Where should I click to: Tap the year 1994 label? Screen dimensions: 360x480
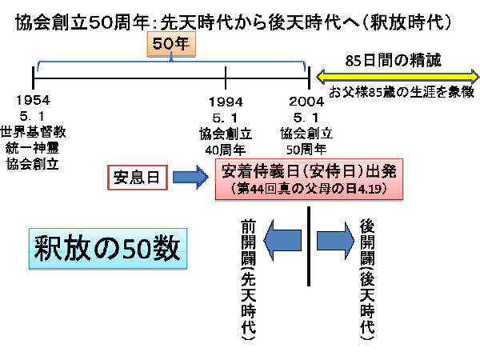[x=226, y=102]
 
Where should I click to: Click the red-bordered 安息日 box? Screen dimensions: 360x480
[x=137, y=176]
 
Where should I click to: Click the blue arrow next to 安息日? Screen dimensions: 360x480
[x=190, y=176]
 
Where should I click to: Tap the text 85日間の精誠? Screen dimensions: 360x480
[x=394, y=60]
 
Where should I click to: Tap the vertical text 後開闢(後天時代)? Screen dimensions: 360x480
[x=367, y=280]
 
